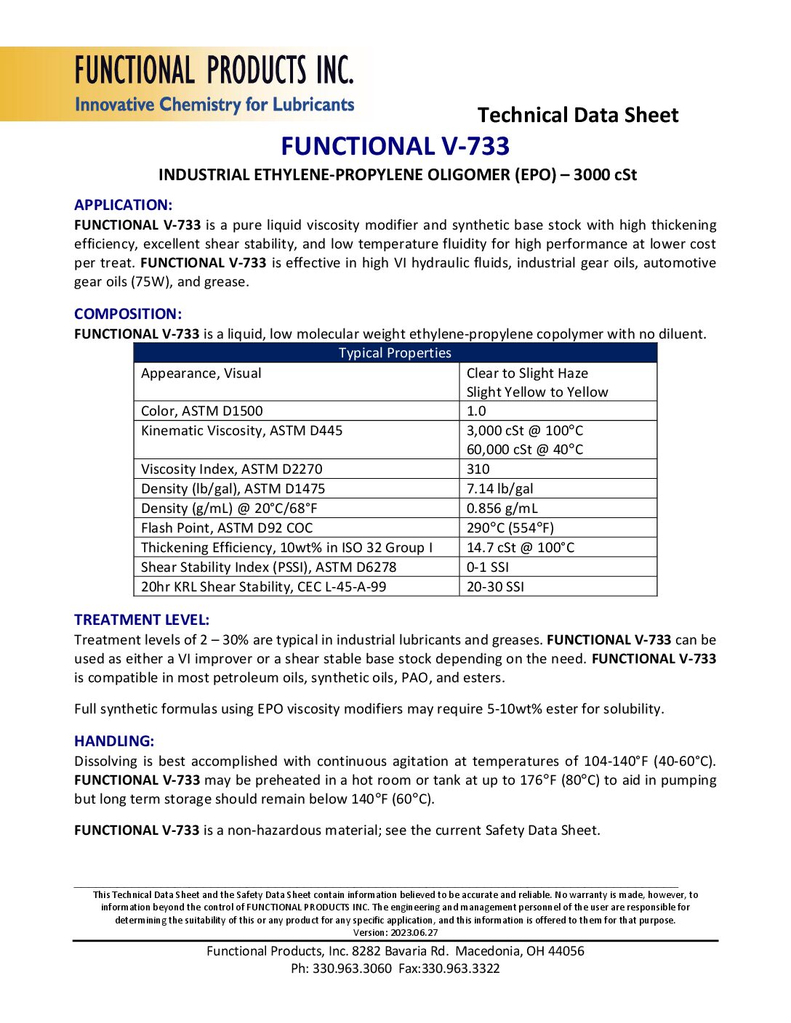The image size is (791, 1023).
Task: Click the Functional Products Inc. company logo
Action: click(x=214, y=84)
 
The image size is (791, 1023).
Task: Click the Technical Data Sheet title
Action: click(x=577, y=115)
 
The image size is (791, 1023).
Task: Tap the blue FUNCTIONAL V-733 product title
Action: click(x=395, y=146)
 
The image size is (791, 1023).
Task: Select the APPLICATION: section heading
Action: click(x=123, y=205)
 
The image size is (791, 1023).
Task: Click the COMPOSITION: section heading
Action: click(x=128, y=314)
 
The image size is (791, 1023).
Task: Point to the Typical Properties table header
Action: click(x=395, y=353)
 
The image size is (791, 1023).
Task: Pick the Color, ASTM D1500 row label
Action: click(x=202, y=411)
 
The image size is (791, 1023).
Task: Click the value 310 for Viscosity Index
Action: click(x=478, y=469)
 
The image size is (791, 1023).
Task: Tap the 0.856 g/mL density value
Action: click(x=502, y=509)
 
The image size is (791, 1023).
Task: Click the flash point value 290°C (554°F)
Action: click(x=510, y=528)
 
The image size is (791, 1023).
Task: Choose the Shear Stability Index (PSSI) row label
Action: click(x=268, y=567)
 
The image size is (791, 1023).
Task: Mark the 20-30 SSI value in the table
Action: click(x=495, y=587)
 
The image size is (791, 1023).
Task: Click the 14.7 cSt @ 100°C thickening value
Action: click(x=520, y=548)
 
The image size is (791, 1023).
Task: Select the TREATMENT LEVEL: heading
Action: click(x=142, y=620)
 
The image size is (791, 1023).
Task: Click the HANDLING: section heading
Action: click(x=114, y=741)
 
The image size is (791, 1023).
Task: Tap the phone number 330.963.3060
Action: click(x=352, y=969)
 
